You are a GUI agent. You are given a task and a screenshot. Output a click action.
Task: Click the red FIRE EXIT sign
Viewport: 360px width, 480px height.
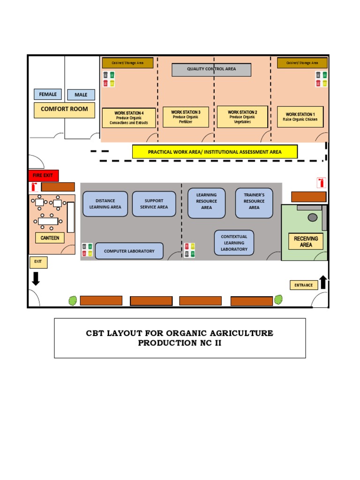tap(43, 175)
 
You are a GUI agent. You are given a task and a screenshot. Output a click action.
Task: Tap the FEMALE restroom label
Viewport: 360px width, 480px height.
tap(47, 94)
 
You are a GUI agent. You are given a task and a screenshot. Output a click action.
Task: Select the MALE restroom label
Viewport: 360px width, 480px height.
tap(81, 95)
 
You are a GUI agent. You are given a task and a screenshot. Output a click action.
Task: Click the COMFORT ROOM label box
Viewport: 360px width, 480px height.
tap(64, 110)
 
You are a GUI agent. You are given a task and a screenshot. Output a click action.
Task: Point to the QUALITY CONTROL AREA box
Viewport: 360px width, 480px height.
tap(211, 69)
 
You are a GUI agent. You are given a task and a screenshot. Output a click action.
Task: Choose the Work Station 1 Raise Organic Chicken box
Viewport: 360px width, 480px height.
tap(300, 117)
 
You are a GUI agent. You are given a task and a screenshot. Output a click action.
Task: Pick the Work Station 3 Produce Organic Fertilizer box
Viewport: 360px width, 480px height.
tap(186, 117)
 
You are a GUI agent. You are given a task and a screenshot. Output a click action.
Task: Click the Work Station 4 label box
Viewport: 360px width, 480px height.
tap(129, 118)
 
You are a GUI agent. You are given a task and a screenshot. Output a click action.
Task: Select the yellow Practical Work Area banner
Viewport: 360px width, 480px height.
tap(215, 152)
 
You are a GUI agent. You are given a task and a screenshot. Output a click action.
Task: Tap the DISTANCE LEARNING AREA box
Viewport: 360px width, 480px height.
tap(105, 204)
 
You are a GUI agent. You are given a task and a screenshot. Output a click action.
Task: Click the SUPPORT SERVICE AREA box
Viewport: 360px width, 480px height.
tap(154, 204)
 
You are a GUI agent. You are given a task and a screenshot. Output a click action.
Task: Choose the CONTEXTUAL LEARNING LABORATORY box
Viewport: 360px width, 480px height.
tap(234, 243)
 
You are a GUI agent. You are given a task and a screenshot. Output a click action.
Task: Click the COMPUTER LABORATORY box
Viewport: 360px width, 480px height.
tap(129, 251)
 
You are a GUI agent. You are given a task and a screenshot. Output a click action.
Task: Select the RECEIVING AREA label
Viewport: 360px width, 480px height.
tap(306, 242)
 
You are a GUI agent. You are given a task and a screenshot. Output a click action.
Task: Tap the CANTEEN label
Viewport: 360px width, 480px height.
tap(50, 238)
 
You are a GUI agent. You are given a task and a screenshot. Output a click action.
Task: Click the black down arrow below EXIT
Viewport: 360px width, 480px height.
tap(36, 278)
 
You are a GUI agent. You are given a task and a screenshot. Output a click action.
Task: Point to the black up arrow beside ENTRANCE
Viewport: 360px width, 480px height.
tap(323, 282)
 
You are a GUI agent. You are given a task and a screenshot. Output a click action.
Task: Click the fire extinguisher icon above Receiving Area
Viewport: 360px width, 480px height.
tap(321, 183)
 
